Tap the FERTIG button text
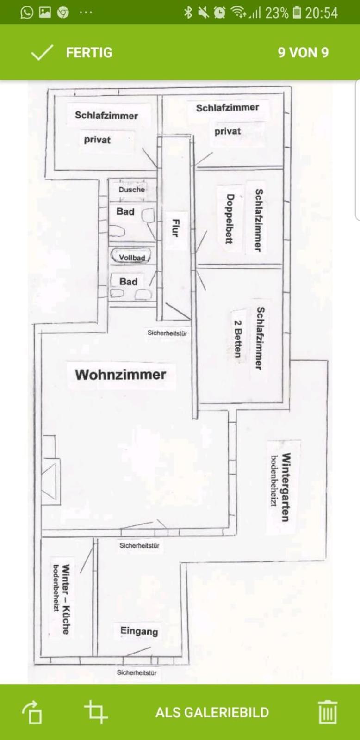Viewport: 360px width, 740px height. (x=89, y=53)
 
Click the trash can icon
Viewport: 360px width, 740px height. (x=328, y=712)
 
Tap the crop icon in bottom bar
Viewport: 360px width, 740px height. (x=96, y=712)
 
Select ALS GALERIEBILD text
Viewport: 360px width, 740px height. (x=212, y=713)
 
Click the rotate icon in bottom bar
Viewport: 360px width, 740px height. (x=32, y=712)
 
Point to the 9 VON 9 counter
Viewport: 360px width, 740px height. (x=303, y=53)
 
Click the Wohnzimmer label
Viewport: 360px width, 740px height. (x=120, y=375)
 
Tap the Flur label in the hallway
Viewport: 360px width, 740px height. (x=175, y=228)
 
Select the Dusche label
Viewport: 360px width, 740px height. (x=131, y=190)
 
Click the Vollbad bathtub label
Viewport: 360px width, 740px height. (x=132, y=257)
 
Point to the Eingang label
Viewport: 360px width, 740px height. (x=139, y=631)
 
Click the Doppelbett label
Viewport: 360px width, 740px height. (x=230, y=219)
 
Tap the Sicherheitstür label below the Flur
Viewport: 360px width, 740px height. (x=167, y=333)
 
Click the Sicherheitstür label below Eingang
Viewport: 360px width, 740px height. (x=137, y=672)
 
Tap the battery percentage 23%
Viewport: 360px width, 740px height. (x=277, y=13)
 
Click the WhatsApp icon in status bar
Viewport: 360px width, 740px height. (x=26, y=12)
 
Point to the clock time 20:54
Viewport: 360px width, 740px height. (x=321, y=13)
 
